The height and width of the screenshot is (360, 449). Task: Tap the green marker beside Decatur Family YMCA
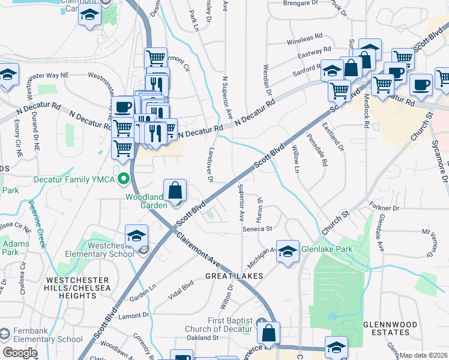point(124,178)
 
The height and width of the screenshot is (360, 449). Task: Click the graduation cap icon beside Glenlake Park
point(288,251)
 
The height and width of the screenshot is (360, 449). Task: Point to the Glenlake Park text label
point(327,249)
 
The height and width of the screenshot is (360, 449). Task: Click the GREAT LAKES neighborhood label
point(234,275)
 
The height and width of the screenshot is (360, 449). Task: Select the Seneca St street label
point(258,229)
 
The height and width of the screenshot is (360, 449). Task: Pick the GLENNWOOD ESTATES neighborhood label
point(390,328)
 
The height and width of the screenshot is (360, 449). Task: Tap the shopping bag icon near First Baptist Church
point(270,332)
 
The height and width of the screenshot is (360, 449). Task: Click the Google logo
point(20,352)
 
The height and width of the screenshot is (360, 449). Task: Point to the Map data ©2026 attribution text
point(424,355)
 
